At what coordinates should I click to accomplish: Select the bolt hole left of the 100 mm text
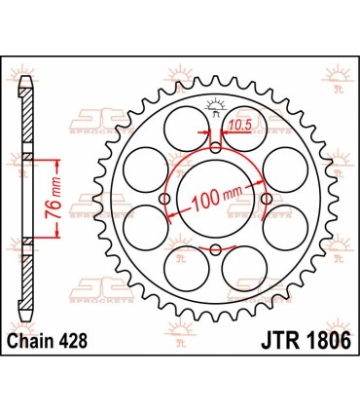click(164, 200)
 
